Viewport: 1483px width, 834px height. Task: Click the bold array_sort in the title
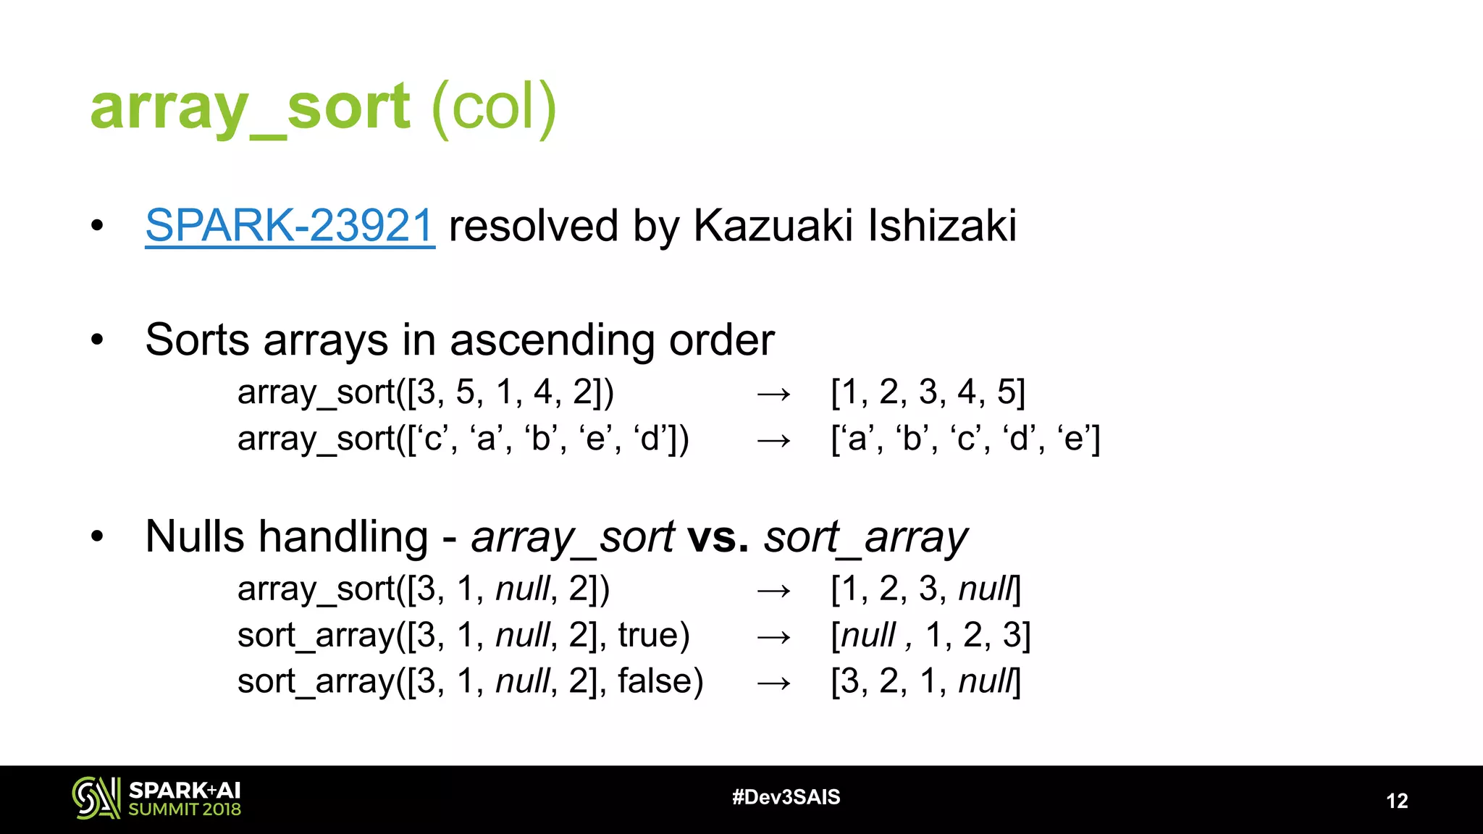tap(250, 107)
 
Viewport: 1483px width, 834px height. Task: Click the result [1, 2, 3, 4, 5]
tap(928, 392)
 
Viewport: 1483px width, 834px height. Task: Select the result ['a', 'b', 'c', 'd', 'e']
tap(965, 439)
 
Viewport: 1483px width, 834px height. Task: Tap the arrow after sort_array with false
tap(773, 683)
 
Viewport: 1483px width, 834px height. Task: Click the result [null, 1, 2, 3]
tap(930, 636)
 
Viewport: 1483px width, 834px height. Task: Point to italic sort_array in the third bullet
tap(865, 537)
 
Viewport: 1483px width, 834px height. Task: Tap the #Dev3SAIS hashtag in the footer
tap(786, 797)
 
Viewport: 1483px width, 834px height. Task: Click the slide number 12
tap(1397, 801)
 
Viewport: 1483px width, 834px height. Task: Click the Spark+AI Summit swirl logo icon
tap(96, 798)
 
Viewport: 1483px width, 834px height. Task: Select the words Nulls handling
tap(287, 537)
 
